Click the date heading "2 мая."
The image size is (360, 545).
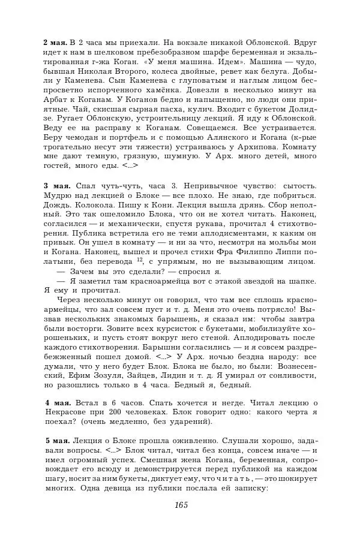55,43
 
